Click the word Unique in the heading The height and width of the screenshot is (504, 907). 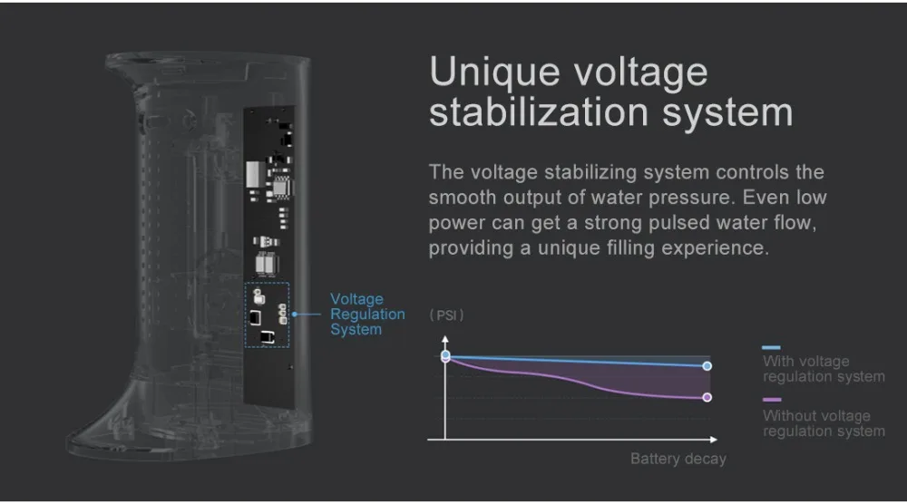[496, 73]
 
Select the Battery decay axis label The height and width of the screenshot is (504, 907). [678, 459]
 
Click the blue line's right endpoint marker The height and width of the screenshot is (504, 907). [707, 366]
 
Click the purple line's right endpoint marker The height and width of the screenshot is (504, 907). [707, 397]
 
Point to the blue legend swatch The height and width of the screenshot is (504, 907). [771, 347]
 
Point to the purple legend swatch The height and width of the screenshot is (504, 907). [771, 400]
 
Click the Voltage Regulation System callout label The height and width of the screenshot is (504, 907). [366, 314]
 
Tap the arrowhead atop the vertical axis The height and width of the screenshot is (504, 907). [445, 339]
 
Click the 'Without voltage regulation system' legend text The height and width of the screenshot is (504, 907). [823, 423]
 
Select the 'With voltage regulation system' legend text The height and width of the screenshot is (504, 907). [823, 369]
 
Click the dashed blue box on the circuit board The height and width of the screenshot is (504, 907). [267, 314]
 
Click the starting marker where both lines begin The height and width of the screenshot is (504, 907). [445, 356]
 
